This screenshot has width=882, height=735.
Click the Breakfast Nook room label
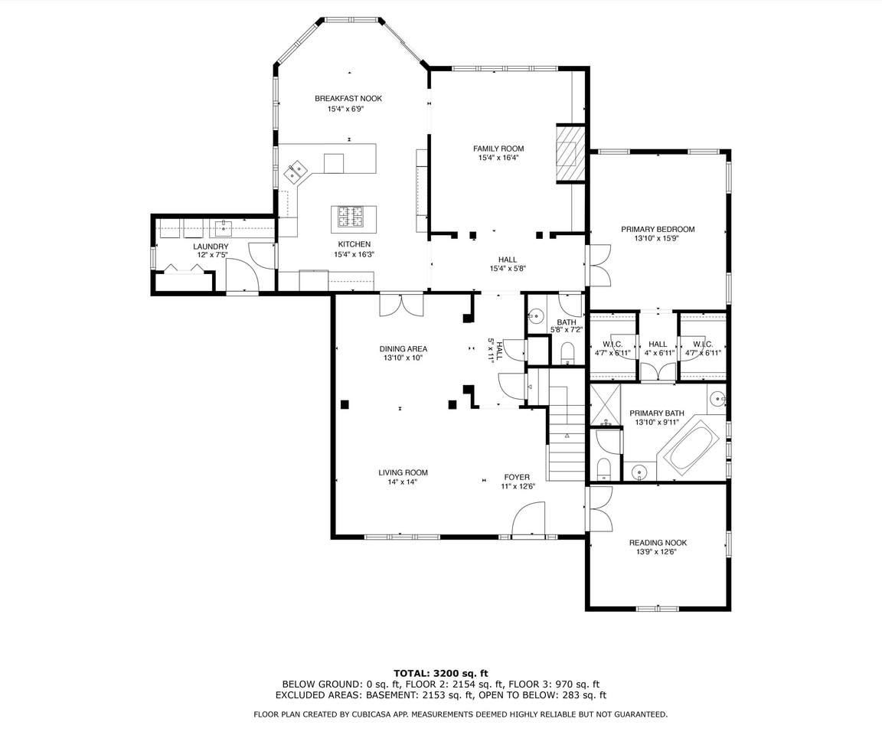[348, 99]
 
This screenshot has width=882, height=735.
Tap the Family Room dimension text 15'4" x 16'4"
[498, 158]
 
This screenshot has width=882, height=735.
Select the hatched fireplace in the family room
[570, 154]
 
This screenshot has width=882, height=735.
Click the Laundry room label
[211, 247]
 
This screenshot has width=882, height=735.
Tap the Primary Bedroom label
[658, 229]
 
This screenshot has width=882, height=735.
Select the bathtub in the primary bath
[691, 441]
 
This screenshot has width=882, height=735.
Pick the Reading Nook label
[658, 543]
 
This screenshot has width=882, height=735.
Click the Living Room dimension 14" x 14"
[403, 482]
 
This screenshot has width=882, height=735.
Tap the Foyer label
[516, 477]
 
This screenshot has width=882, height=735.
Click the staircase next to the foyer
[566, 433]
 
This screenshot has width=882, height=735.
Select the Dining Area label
[403, 348]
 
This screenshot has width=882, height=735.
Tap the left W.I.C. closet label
[612, 345]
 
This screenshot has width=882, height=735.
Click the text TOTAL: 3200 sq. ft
[440, 672]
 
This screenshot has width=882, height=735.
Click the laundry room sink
[224, 227]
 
